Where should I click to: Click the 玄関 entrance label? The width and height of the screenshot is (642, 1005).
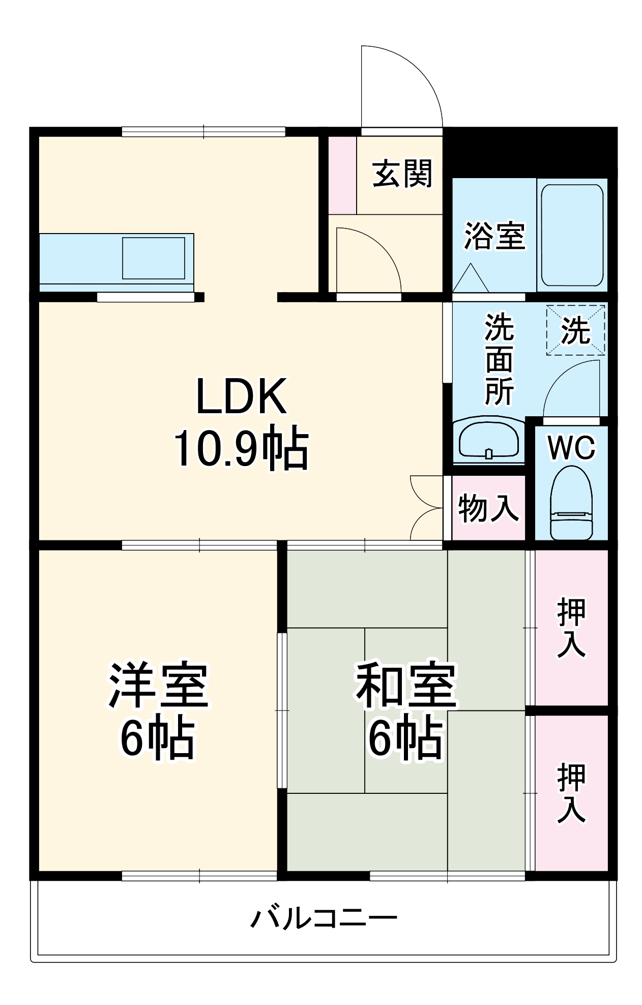point(402,174)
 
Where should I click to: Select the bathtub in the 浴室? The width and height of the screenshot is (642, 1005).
point(572,235)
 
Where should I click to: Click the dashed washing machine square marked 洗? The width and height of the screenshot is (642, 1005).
point(575,330)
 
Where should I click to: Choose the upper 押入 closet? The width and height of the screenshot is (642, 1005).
point(571,627)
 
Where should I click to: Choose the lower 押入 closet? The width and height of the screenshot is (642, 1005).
point(571,792)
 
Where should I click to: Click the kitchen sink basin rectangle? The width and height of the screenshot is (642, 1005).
point(153,258)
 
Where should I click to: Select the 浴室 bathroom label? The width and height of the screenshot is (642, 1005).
point(494,236)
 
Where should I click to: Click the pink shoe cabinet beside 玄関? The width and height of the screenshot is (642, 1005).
point(342,175)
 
